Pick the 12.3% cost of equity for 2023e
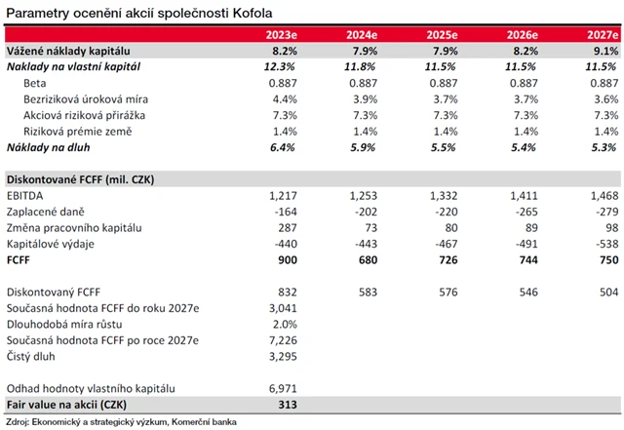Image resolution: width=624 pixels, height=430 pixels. (x=279, y=66)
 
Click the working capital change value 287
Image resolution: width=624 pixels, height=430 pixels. (x=285, y=227)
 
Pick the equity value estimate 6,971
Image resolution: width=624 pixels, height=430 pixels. (x=280, y=388)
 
